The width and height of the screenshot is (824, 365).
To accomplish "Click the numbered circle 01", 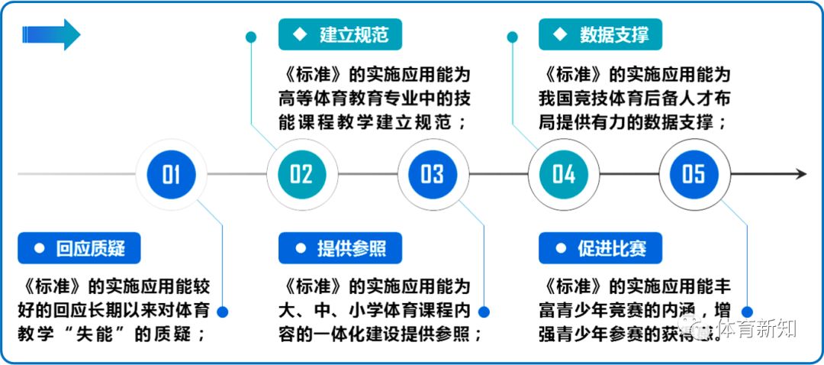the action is (x=171, y=174).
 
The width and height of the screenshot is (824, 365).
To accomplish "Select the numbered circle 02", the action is (x=301, y=174).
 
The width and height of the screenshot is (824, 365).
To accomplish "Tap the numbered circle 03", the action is (x=432, y=174).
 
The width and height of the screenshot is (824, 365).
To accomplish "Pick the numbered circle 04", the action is (x=563, y=174).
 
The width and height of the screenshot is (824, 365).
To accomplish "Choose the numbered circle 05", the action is (x=694, y=174).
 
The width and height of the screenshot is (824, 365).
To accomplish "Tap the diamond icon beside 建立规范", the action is (x=300, y=35).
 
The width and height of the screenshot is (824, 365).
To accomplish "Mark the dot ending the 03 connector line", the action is (x=483, y=312).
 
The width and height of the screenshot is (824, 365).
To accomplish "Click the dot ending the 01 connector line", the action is (x=223, y=312).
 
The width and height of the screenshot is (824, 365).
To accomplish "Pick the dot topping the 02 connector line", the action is (x=252, y=36).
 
